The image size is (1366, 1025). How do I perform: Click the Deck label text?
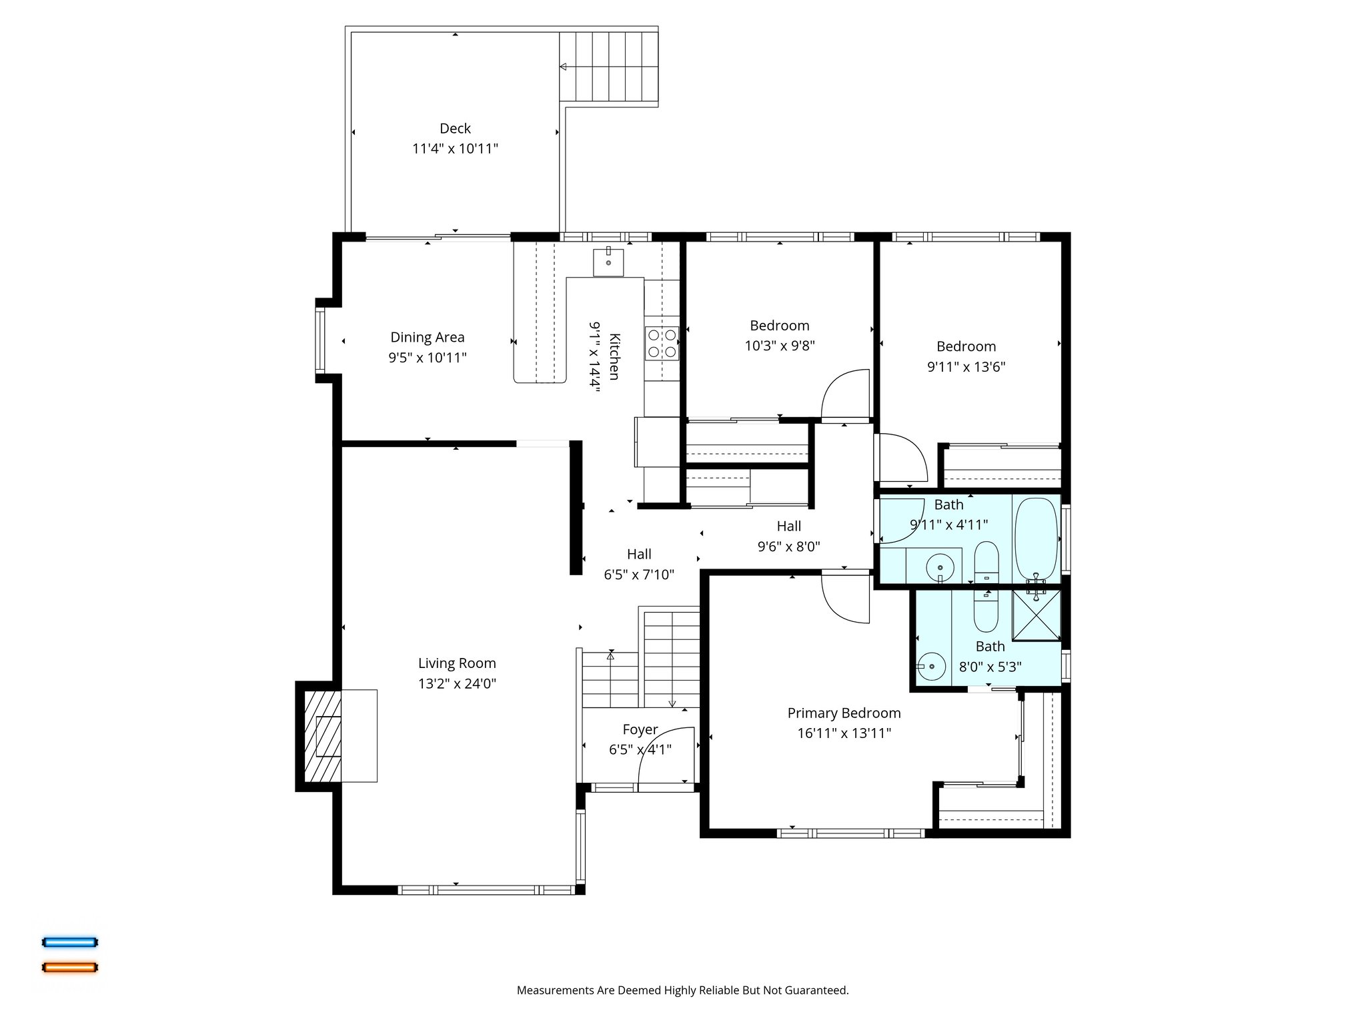[455, 128]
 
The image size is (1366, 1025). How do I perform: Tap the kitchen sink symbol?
[608, 262]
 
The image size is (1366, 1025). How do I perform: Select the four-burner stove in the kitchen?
[662, 343]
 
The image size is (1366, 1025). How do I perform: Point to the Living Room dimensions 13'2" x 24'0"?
[457, 683]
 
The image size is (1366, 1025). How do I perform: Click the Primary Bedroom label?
[844, 713]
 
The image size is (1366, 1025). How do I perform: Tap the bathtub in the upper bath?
[1036, 538]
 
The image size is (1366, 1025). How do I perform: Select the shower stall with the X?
[1036, 615]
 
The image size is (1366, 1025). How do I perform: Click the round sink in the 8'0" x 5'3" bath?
[932, 666]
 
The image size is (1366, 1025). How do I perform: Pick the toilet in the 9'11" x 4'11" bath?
[986, 561]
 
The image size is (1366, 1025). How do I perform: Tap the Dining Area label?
[427, 337]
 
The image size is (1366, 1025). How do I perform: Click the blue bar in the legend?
[70, 942]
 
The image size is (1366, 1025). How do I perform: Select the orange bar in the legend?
[70, 967]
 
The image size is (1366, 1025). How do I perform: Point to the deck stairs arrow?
[564, 67]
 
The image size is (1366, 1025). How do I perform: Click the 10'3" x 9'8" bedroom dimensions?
[779, 346]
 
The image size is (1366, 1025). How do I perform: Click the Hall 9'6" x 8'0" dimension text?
[788, 547]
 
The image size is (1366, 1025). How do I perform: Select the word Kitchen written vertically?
[614, 357]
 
